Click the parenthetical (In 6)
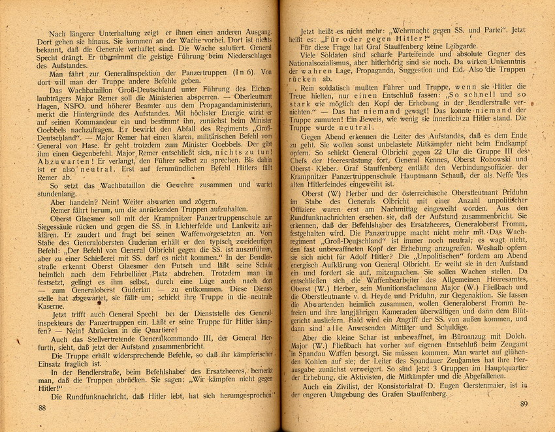point(241,72)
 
